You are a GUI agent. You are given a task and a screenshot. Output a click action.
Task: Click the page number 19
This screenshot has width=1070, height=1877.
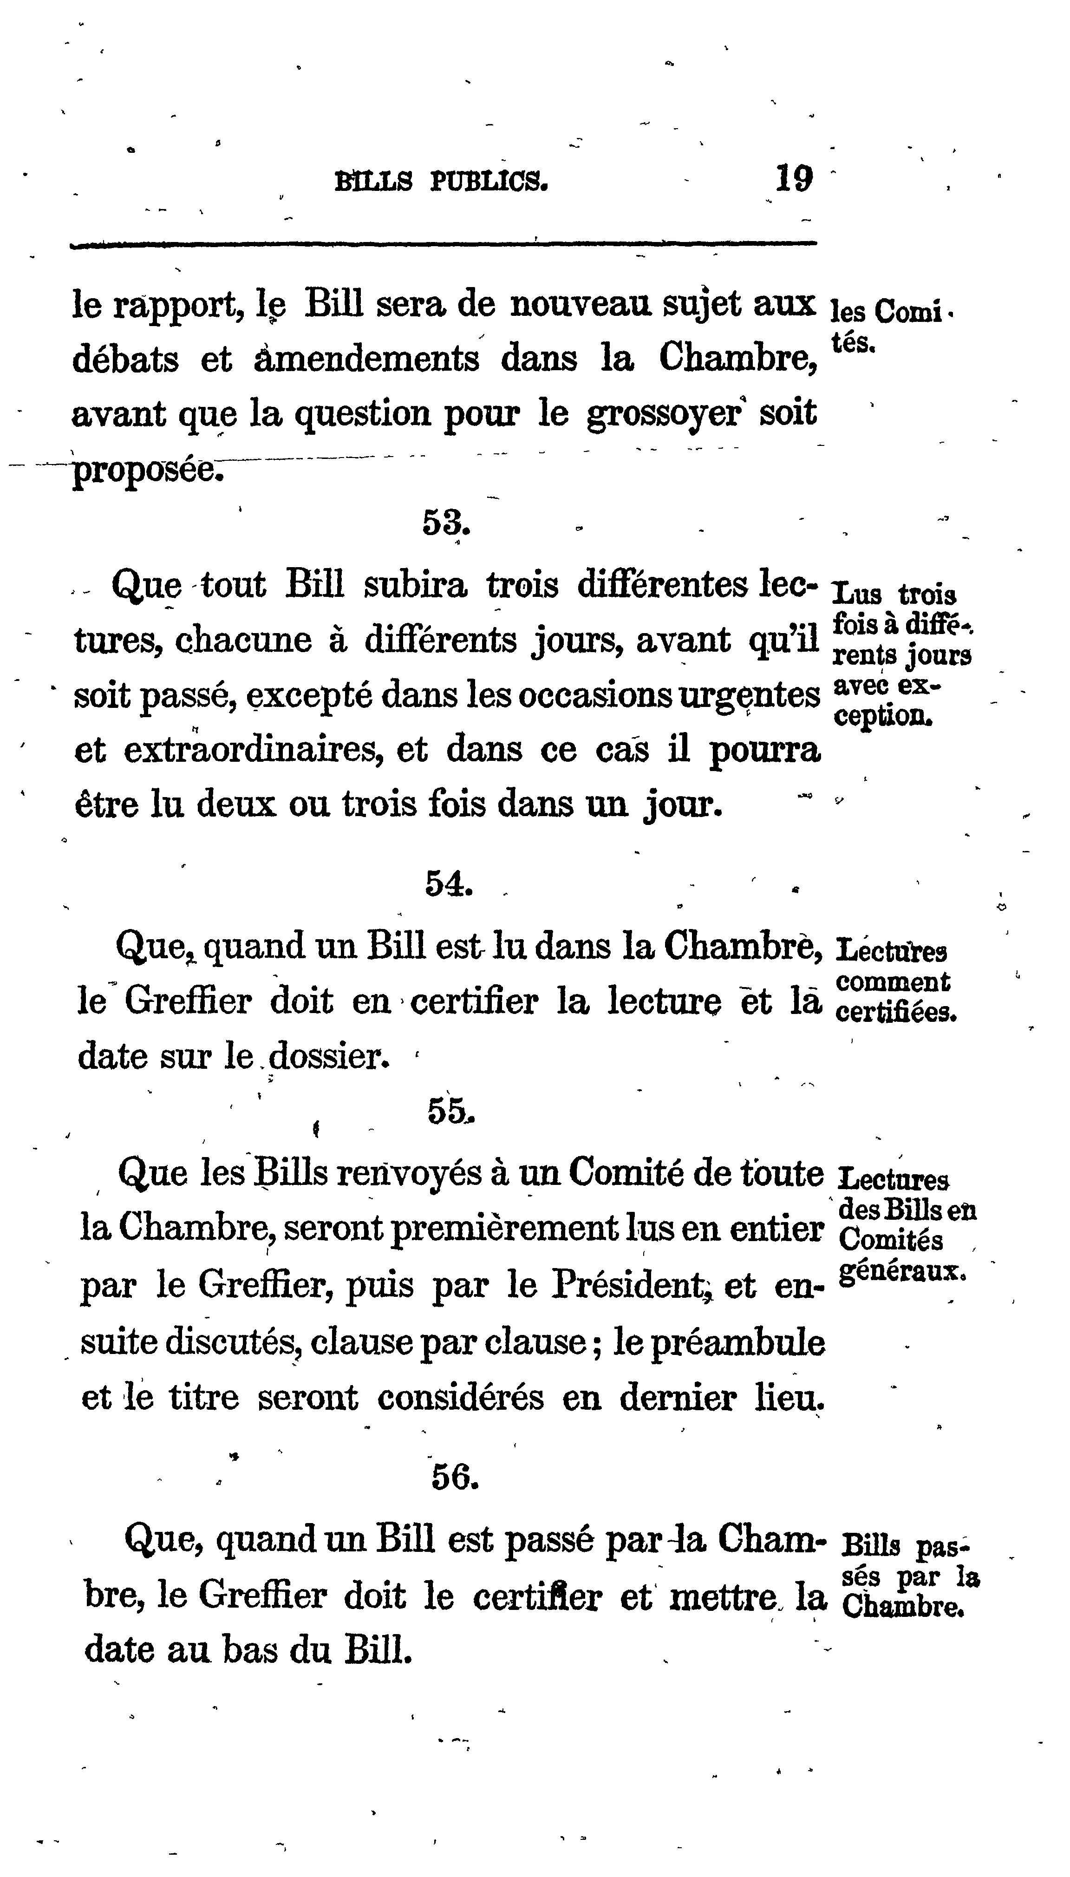tap(794, 178)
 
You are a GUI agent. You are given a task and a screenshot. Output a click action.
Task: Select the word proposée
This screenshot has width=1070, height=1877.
tap(145, 471)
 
